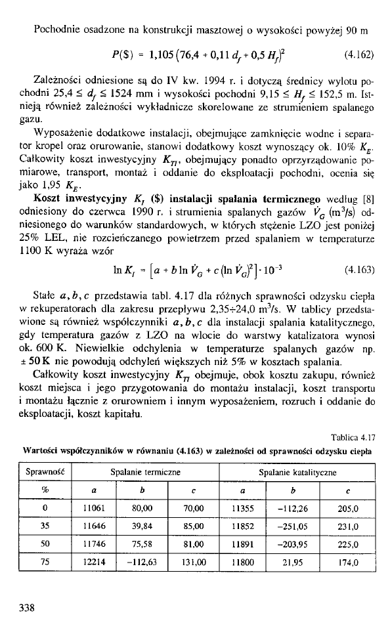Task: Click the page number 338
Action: click(26, 608)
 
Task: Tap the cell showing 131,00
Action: click(190, 562)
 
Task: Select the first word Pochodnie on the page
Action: click(54, 30)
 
